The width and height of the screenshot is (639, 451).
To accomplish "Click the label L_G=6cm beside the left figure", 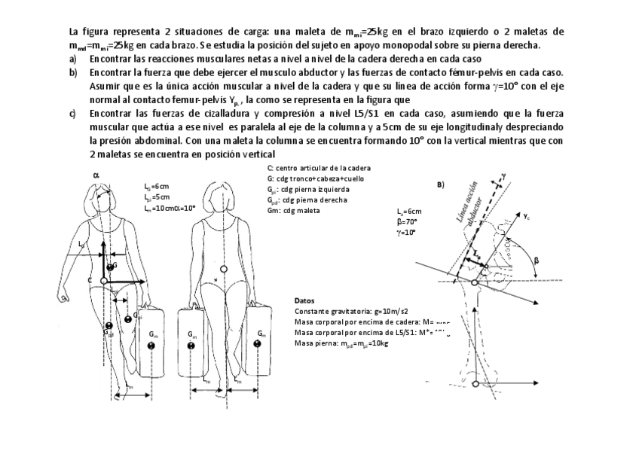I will pos(157,185).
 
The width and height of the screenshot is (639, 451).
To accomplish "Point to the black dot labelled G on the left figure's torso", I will pos(111,267).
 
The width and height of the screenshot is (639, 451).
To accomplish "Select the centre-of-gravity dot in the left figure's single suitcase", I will pos(152,346).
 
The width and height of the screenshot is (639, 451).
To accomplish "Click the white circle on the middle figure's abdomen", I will pos(222,269).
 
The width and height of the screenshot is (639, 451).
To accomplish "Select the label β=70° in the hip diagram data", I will pos(407,223).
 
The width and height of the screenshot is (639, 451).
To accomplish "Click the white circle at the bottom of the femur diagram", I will pos(475,384).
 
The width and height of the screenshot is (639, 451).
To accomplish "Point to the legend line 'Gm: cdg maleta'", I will pos(293,210).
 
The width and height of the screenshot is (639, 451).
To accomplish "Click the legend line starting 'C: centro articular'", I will pos(319,168).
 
